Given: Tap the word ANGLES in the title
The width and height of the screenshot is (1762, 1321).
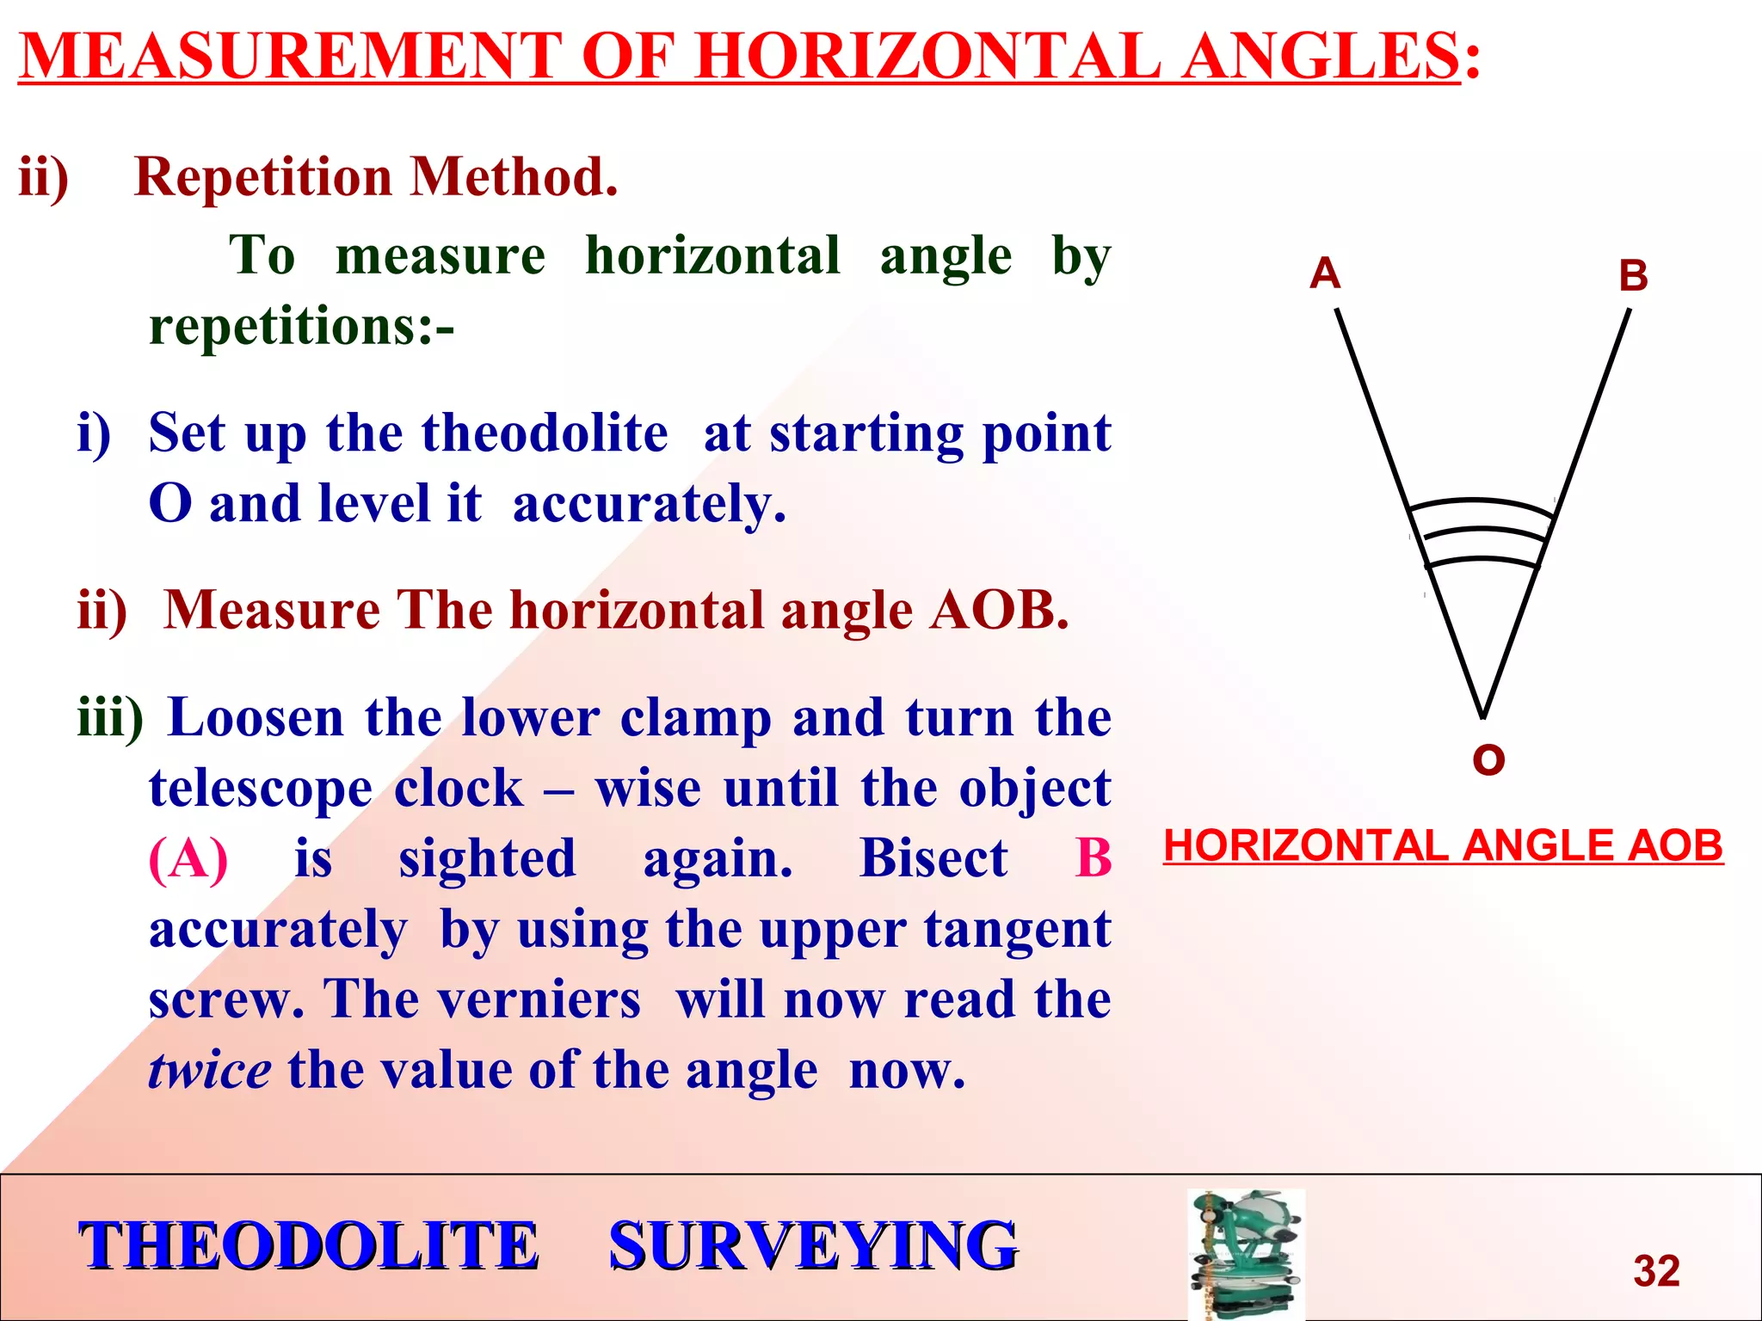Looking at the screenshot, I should (1320, 56).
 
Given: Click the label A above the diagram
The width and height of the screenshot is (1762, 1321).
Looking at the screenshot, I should (1325, 273).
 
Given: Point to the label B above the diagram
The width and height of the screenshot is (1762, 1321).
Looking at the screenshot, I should (1633, 277).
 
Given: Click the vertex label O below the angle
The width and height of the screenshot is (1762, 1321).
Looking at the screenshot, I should (1488, 759).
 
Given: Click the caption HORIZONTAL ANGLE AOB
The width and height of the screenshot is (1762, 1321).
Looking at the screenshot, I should (1443, 845).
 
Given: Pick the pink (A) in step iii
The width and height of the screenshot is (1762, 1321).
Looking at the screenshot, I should (188, 858).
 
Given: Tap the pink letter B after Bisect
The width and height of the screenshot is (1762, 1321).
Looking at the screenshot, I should (1094, 858).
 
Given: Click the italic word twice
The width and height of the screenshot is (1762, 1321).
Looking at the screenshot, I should (209, 1071).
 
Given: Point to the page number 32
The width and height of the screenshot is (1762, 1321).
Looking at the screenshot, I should (1656, 1270).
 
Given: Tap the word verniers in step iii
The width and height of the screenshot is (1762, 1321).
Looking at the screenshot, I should (539, 999).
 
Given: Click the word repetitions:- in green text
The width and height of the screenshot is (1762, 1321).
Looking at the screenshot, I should (301, 327).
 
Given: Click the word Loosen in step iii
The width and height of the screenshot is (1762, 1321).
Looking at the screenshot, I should (256, 717).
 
